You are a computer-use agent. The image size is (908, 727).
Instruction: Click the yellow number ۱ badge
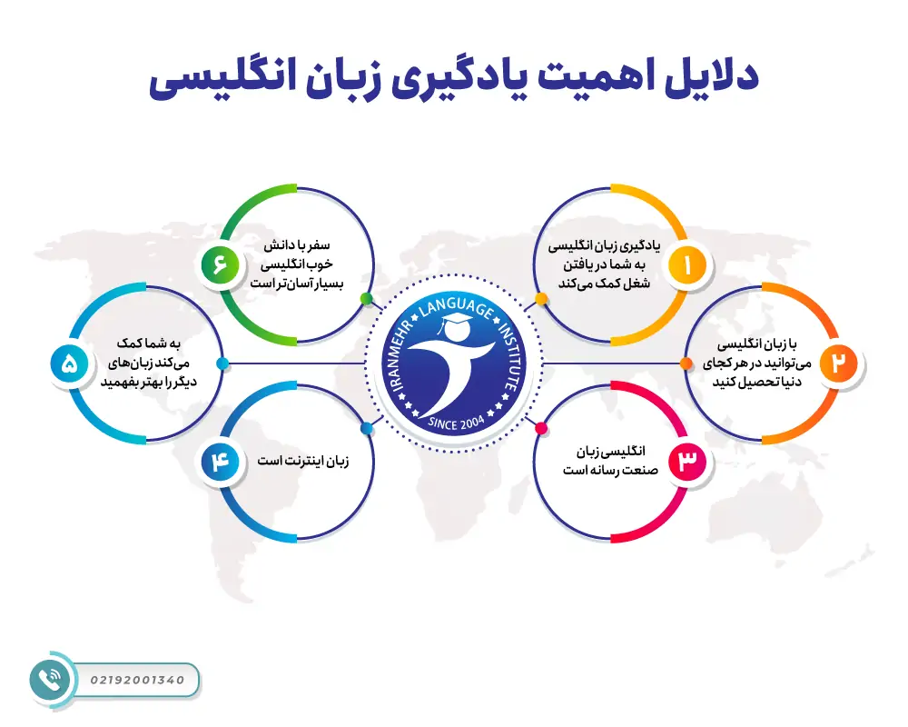coord(687,265)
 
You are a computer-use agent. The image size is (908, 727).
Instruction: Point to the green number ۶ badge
coord(221,265)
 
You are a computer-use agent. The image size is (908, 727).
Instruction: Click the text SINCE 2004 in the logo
coord(456,421)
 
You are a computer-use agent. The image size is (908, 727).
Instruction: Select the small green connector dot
coord(366,298)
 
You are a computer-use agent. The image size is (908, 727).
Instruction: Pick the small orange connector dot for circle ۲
coord(686,363)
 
